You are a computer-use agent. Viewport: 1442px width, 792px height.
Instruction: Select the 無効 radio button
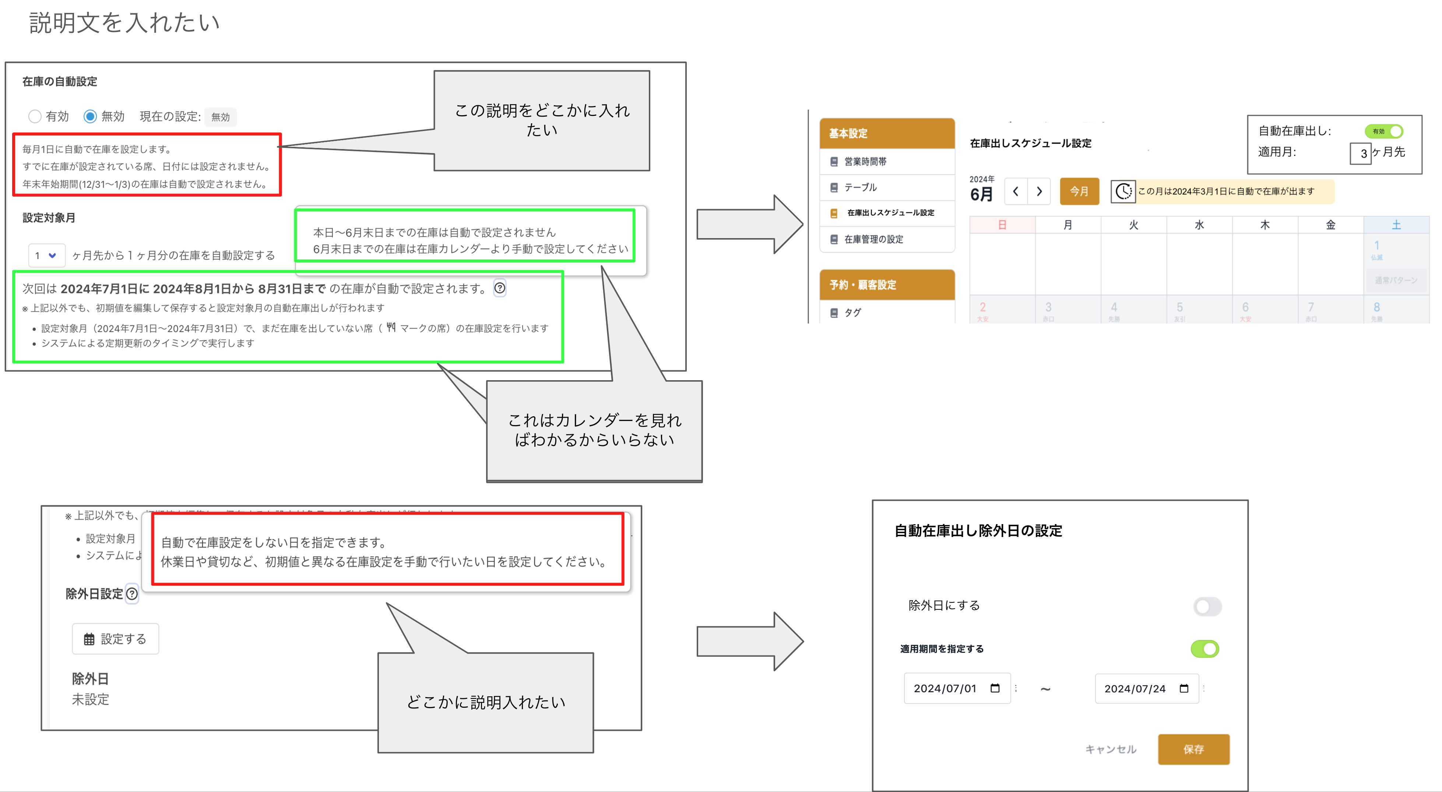pyautogui.click(x=90, y=116)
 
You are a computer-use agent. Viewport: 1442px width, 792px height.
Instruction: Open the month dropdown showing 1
pyautogui.click(x=46, y=256)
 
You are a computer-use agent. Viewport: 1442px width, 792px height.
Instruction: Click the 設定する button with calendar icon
pyautogui.click(x=115, y=639)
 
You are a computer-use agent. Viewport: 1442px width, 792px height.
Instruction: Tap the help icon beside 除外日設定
pyautogui.click(x=132, y=594)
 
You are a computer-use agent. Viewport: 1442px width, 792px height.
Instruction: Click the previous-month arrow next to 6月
pyautogui.click(x=1016, y=191)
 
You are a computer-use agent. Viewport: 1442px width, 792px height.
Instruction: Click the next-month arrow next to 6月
pyautogui.click(x=1039, y=191)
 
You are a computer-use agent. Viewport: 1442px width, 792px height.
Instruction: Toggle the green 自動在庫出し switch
pyautogui.click(x=1384, y=131)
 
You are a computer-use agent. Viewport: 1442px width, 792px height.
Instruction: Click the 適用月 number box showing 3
pyautogui.click(x=1360, y=153)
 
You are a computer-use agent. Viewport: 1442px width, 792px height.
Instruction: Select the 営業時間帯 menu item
pyautogui.click(x=865, y=162)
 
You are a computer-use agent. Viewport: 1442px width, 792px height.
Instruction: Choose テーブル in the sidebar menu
pyautogui.click(x=861, y=187)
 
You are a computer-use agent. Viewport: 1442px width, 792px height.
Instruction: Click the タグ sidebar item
pyautogui.click(x=852, y=313)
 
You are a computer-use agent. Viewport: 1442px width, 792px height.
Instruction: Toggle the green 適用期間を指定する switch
pyautogui.click(x=1204, y=649)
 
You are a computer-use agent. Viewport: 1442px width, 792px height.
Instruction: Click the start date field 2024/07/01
pyautogui.click(x=956, y=689)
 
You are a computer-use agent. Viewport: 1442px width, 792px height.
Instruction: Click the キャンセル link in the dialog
pyautogui.click(x=1111, y=749)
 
